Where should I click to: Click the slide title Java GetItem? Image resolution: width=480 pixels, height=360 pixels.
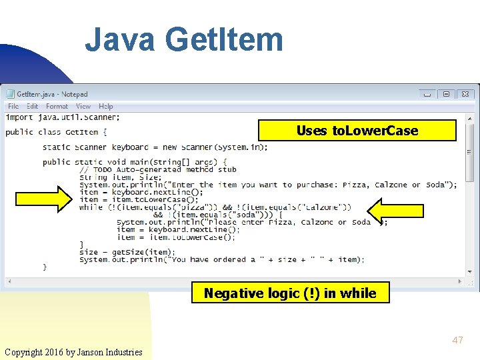pos(183,39)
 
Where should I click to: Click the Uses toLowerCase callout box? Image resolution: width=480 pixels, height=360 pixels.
pos(357,131)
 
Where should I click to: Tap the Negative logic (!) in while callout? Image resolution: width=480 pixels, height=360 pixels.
pos(290,293)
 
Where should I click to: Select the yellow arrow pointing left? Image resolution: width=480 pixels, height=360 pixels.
pos(395,211)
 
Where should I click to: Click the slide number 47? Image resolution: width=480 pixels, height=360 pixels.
pos(457,340)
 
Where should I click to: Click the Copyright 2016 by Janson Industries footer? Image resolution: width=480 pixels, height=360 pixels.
pos(73,351)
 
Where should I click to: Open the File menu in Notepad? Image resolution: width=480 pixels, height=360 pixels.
pos(13,106)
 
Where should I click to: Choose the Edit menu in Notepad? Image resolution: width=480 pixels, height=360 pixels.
pos(33,106)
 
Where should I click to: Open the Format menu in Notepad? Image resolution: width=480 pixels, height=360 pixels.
pos(57,106)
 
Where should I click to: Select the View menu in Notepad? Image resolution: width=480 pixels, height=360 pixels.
pos(83,106)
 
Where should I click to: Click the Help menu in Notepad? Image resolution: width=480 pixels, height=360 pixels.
pos(106,106)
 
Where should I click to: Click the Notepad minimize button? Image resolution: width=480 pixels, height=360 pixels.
pos(427,95)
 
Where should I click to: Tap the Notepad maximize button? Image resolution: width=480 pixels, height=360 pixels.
pos(446,95)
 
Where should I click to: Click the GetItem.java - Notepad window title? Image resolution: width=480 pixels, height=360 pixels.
pos(52,95)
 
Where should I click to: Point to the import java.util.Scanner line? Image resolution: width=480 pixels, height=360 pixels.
pos(63,117)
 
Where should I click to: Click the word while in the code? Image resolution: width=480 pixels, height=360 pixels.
pos(91,207)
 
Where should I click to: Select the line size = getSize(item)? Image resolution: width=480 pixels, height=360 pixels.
pos(127,252)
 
